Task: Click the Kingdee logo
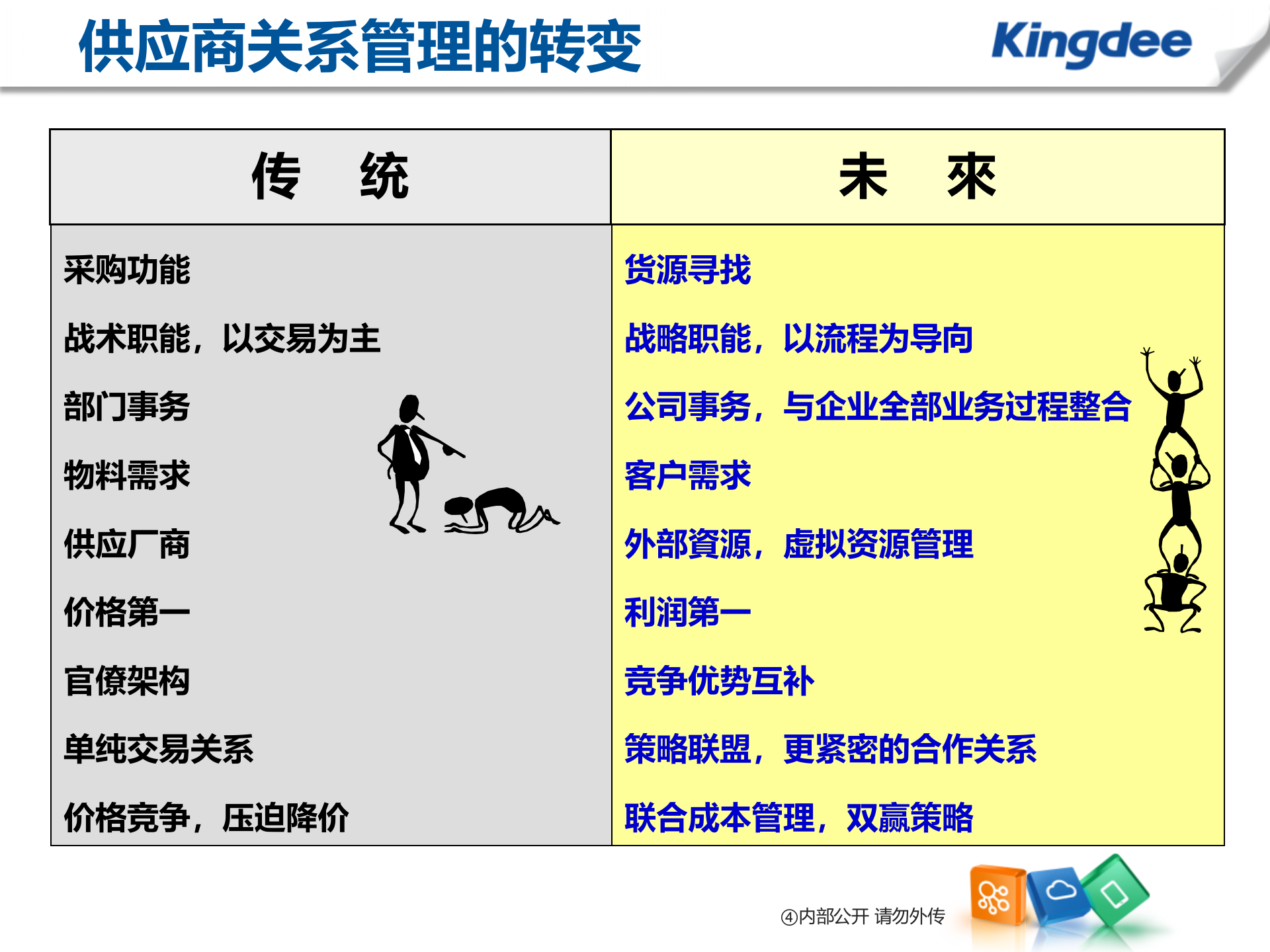coord(1091,43)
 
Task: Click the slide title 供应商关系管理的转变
coord(360,46)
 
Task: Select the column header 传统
coord(330,177)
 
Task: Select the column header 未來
coord(917,177)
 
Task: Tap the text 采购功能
coord(127,270)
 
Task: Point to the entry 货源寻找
coord(688,270)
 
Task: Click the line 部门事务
coord(127,406)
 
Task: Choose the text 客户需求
coord(688,475)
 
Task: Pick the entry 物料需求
coord(127,475)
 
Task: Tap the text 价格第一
coord(127,612)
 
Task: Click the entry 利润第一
coord(688,612)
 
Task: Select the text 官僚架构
coord(127,681)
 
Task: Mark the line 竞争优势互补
coord(719,681)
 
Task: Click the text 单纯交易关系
coord(159,749)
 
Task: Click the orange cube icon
coord(996,895)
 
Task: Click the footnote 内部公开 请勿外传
coord(863,916)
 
